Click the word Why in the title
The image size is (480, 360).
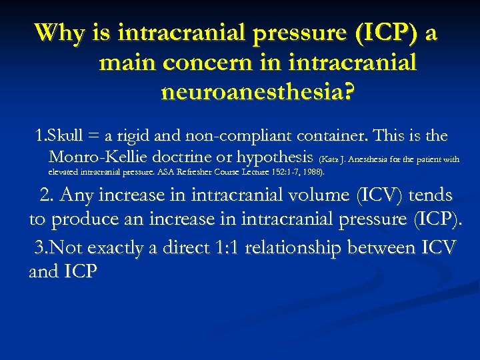point(57,33)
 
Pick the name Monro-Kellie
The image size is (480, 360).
point(101,157)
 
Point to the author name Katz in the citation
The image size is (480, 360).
point(331,159)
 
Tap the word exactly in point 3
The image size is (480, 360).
point(133,248)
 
